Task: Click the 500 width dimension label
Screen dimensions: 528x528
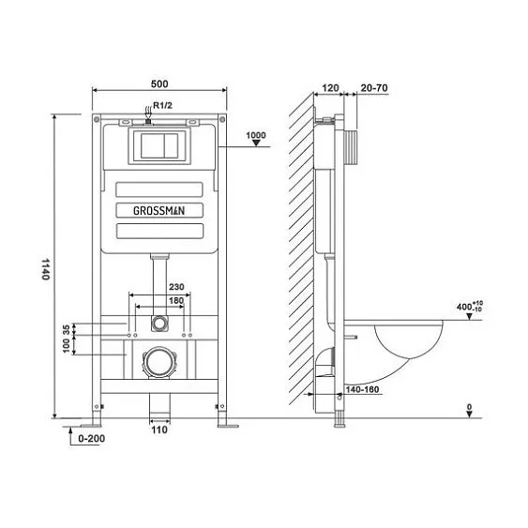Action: (x=159, y=83)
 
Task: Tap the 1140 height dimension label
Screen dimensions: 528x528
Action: (x=45, y=269)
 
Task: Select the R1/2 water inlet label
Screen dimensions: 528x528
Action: (x=162, y=105)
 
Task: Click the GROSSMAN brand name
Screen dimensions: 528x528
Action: (x=158, y=211)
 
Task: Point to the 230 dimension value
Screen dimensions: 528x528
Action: (x=176, y=287)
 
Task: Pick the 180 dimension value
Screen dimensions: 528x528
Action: (x=176, y=300)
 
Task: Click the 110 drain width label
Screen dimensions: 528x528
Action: (x=159, y=430)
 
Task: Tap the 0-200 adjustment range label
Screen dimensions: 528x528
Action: (x=91, y=439)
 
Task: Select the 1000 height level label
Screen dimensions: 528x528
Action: (x=256, y=135)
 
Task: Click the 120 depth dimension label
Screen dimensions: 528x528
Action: (x=330, y=88)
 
